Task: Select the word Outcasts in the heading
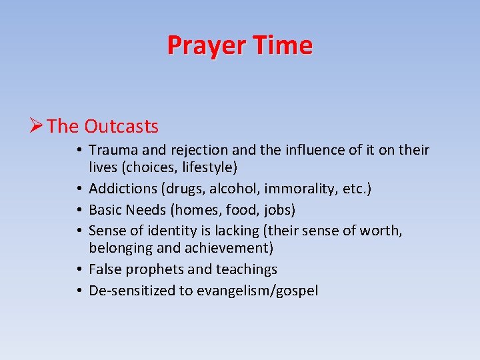tap(121, 126)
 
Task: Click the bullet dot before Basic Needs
tap(80, 210)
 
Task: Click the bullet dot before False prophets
tap(80, 269)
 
